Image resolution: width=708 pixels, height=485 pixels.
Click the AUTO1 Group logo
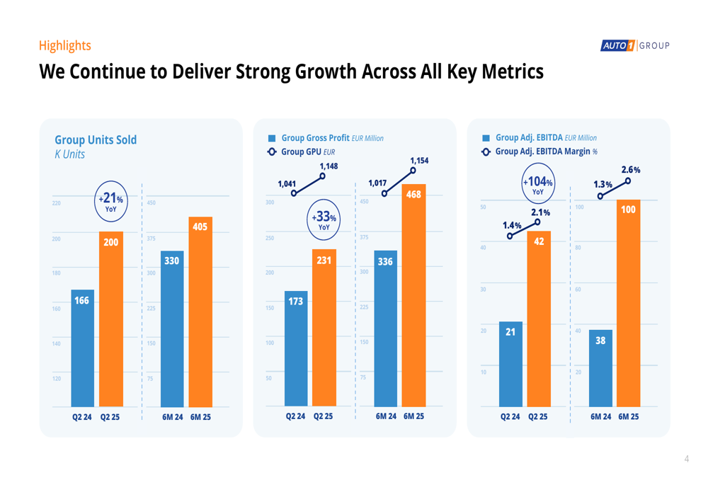point(635,46)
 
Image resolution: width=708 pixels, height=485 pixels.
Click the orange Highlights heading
point(65,46)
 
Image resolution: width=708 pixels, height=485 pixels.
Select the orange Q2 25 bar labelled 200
point(110,319)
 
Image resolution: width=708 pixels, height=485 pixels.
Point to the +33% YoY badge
point(324,219)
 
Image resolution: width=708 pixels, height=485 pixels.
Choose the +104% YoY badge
point(538,184)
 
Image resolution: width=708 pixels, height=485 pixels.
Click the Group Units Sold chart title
point(96,140)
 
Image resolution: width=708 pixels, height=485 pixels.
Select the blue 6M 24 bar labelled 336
point(386,329)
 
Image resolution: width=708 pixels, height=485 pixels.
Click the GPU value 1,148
point(329,166)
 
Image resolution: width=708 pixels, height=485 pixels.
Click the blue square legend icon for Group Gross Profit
point(272,139)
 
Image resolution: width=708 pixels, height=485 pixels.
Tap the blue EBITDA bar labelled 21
point(510,364)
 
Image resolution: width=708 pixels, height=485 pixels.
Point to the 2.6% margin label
point(631,170)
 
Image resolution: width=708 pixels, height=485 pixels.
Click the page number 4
point(686,460)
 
